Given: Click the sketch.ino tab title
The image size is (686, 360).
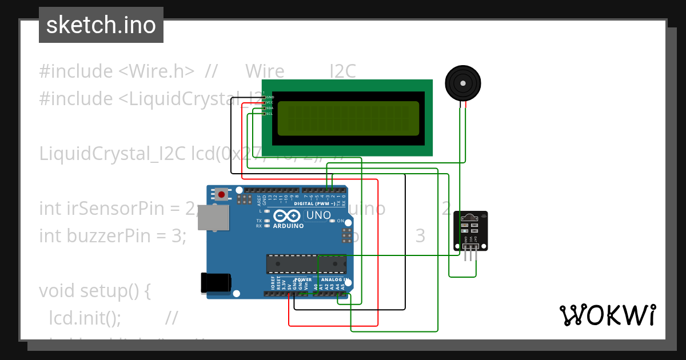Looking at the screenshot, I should point(101,25).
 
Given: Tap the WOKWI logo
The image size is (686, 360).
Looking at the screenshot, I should point(607,315).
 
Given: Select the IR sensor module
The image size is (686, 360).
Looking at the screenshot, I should point(470,231).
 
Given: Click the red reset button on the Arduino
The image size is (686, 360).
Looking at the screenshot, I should point(222,194).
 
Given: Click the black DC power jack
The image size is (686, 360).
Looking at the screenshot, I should point(216,283).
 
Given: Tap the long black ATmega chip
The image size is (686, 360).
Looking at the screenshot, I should point(306,264).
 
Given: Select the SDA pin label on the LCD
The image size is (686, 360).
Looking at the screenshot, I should point(269,108).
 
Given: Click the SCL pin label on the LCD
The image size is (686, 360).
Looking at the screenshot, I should point(269,114).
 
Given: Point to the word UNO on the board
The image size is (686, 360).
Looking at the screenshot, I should point(318,215).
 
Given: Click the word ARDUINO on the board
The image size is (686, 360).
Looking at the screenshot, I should point(288,226).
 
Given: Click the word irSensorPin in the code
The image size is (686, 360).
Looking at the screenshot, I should point(107,209).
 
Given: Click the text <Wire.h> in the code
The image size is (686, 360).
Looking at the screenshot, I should point(156,71).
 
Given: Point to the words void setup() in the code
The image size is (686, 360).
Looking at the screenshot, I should point(94,290).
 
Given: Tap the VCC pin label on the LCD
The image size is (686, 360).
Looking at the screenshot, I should point(269,102).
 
